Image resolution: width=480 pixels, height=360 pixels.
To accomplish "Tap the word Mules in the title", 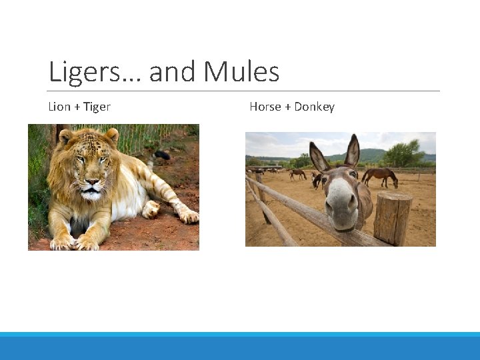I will [x=241, y=72].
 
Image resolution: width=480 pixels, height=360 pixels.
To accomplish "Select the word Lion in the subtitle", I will [x=59, y=107].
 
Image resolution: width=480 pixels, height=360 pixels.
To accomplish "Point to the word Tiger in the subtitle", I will [x=97, y=107].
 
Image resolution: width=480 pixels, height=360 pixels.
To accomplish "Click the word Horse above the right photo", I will [x=265, y=107].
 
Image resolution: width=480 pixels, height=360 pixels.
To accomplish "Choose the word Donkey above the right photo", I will [x=314, y=107].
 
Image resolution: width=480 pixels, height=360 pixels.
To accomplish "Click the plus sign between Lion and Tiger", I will [x=77, y=107].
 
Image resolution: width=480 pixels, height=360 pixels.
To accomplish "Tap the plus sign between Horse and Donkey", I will [x=287, y=107].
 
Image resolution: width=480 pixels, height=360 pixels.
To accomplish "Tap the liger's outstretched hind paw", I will [x=187, y=216].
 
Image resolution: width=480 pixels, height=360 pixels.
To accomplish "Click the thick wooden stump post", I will [x=393, y=218].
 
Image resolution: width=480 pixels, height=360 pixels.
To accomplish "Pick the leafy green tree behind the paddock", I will [x=404, y=154].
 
